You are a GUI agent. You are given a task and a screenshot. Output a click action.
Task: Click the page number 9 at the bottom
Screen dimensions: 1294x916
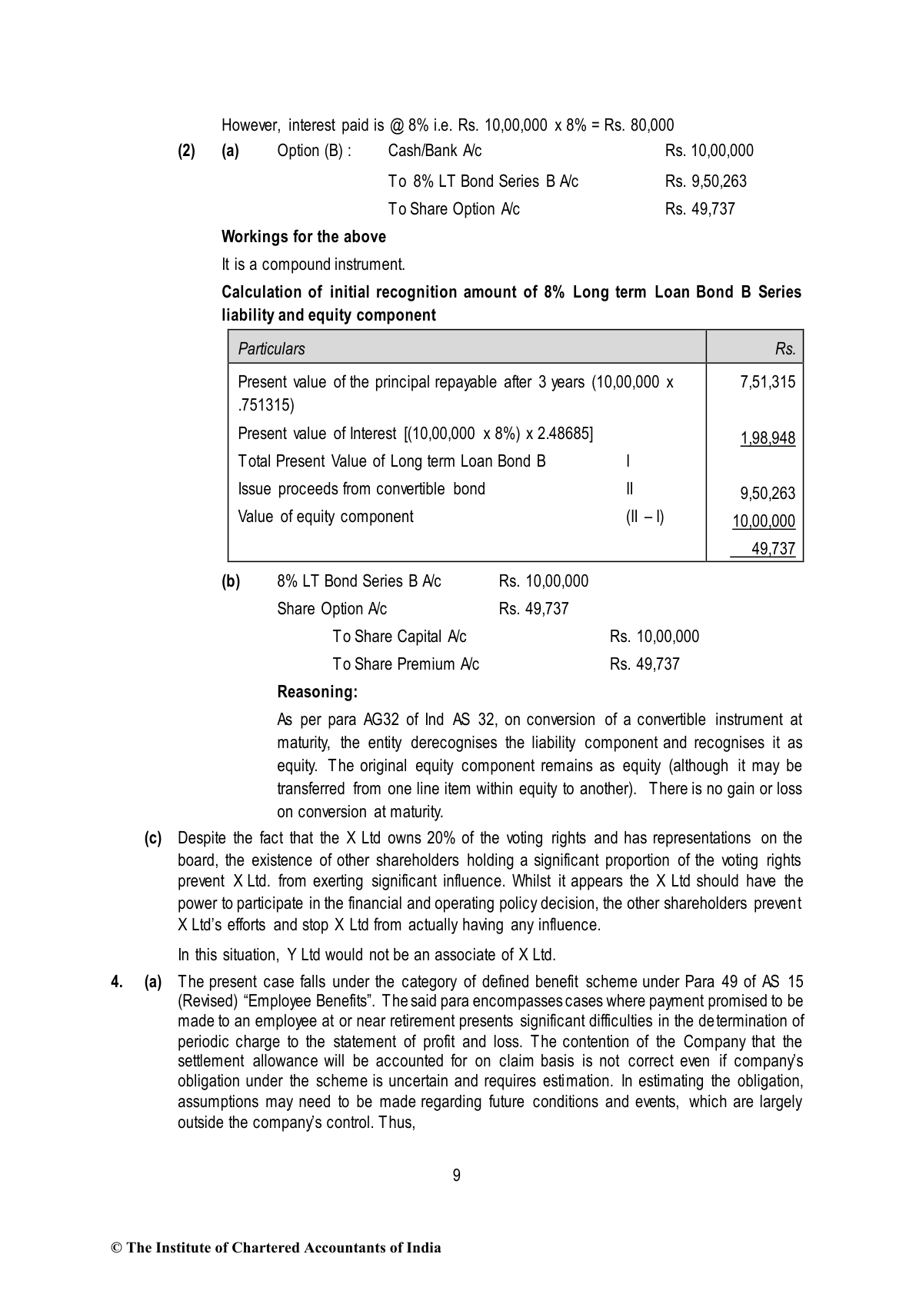pyautogui.click(x=457, y=1175)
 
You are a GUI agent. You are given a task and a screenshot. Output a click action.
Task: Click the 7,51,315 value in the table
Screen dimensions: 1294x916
pyautogui.click(x=768, y=382)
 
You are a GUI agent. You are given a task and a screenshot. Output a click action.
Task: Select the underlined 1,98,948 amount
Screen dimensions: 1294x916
pyautogui.click(x=768, y=438)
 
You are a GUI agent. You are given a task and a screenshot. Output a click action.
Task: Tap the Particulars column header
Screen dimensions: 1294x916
pyautogui.click(x=271, y=349)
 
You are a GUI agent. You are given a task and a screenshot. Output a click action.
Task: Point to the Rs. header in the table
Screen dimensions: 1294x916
pyautogui.click(x=785, y=349)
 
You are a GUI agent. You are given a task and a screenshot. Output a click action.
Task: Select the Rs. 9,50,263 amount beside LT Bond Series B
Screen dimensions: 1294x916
pyautogui.click(x=705, y=181)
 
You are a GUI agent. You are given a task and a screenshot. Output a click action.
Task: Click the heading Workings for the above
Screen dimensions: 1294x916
pyautogui.click(x=304, y=237)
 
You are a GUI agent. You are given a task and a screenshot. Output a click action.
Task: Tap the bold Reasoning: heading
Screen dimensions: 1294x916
pyautogui.click(x=318, y=692)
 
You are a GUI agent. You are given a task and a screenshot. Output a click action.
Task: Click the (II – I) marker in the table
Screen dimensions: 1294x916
pyautogui.click(x=645, y=517)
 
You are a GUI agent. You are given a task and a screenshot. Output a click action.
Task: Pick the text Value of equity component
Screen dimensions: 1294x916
pyautogui.click(x=325, y=517)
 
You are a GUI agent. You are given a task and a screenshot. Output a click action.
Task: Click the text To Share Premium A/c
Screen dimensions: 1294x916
pyautogui.click(x=405, y=664)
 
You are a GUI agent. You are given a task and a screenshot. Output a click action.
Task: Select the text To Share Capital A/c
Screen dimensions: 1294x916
pyautogui.click(x=399, y=637)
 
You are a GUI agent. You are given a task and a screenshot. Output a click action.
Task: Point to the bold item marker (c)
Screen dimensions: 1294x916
pyautogui.click(x=153, y=838)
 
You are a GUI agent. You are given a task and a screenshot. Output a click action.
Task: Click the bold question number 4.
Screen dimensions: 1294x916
pyautogui.click(x=117, y=982)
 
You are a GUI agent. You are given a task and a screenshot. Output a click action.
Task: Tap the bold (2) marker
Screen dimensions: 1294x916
pyautogui.click(x=186, y=151)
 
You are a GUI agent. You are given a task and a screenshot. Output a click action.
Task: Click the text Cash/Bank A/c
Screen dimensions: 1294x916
pyautogui.click(x=435, y=151)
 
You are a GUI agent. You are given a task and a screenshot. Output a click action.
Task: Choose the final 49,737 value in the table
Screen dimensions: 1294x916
pyautogui.click(x=773, y=549)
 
